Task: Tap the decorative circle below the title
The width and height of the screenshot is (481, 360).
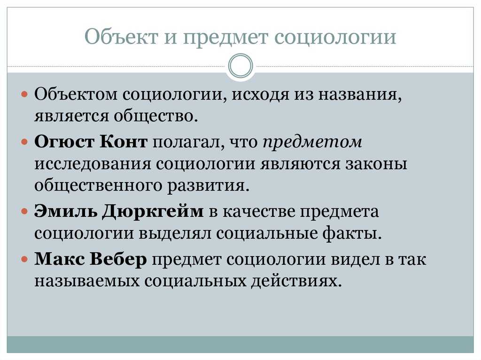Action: click(x=240, y=66)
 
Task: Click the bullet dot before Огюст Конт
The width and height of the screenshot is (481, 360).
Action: click(x=25, y=141)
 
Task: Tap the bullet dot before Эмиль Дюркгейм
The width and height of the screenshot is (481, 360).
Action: click(x=25, y=211)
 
